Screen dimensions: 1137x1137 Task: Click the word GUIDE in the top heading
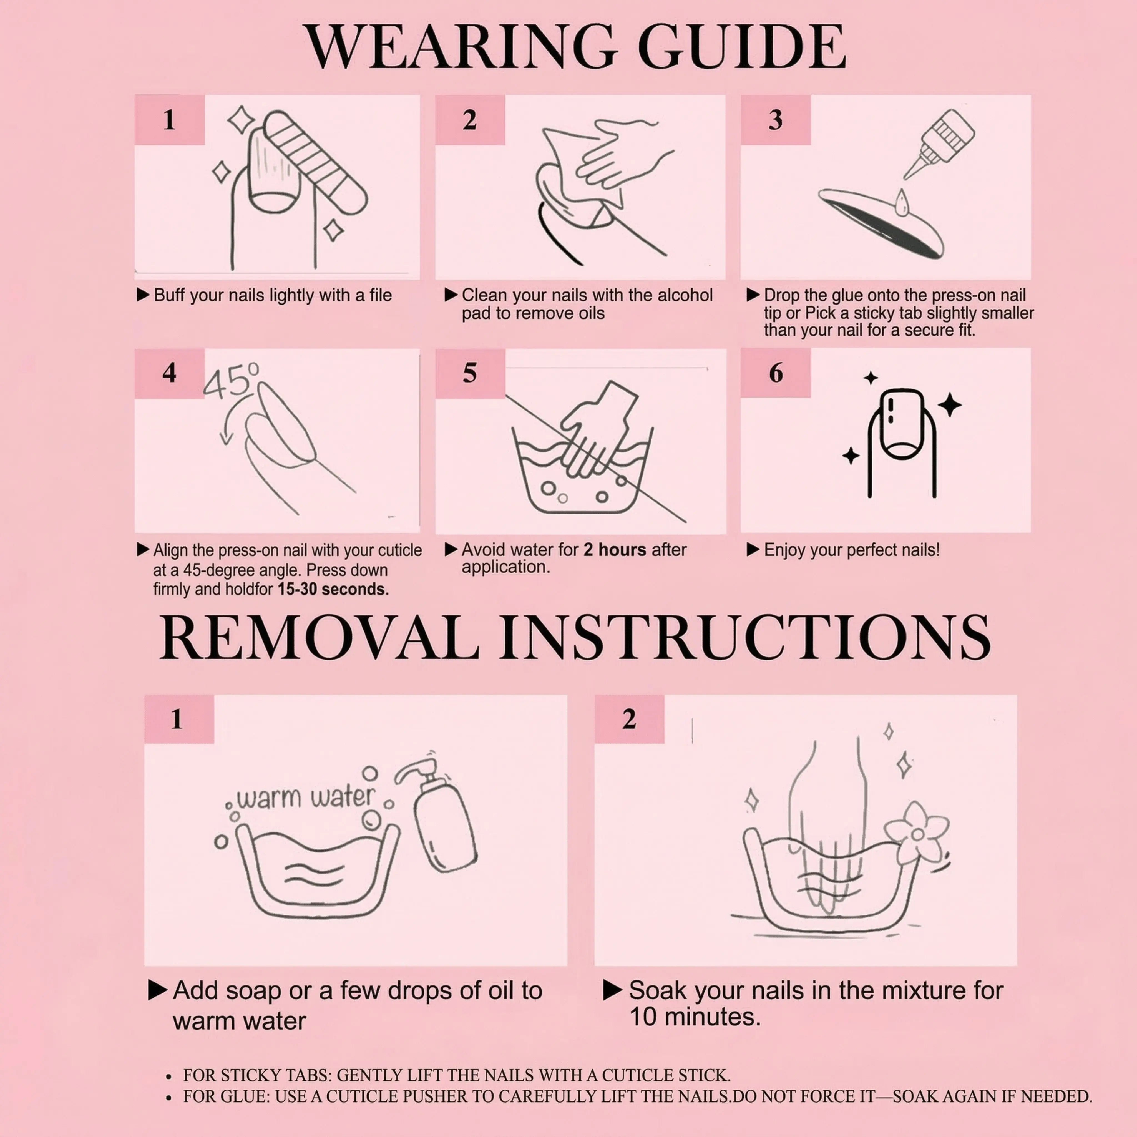tap(741, 47)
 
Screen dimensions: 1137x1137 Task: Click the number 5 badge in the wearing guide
tap(470, 373)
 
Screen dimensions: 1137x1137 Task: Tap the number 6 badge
tap(776, 373)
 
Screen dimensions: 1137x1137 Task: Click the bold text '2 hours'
tap(615, 550)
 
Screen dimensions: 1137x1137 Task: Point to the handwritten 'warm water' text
tap(305, 798)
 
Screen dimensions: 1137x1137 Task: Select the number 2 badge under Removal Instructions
tap(629, 719)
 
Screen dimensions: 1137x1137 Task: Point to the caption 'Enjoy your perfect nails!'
tap(852, 550)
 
